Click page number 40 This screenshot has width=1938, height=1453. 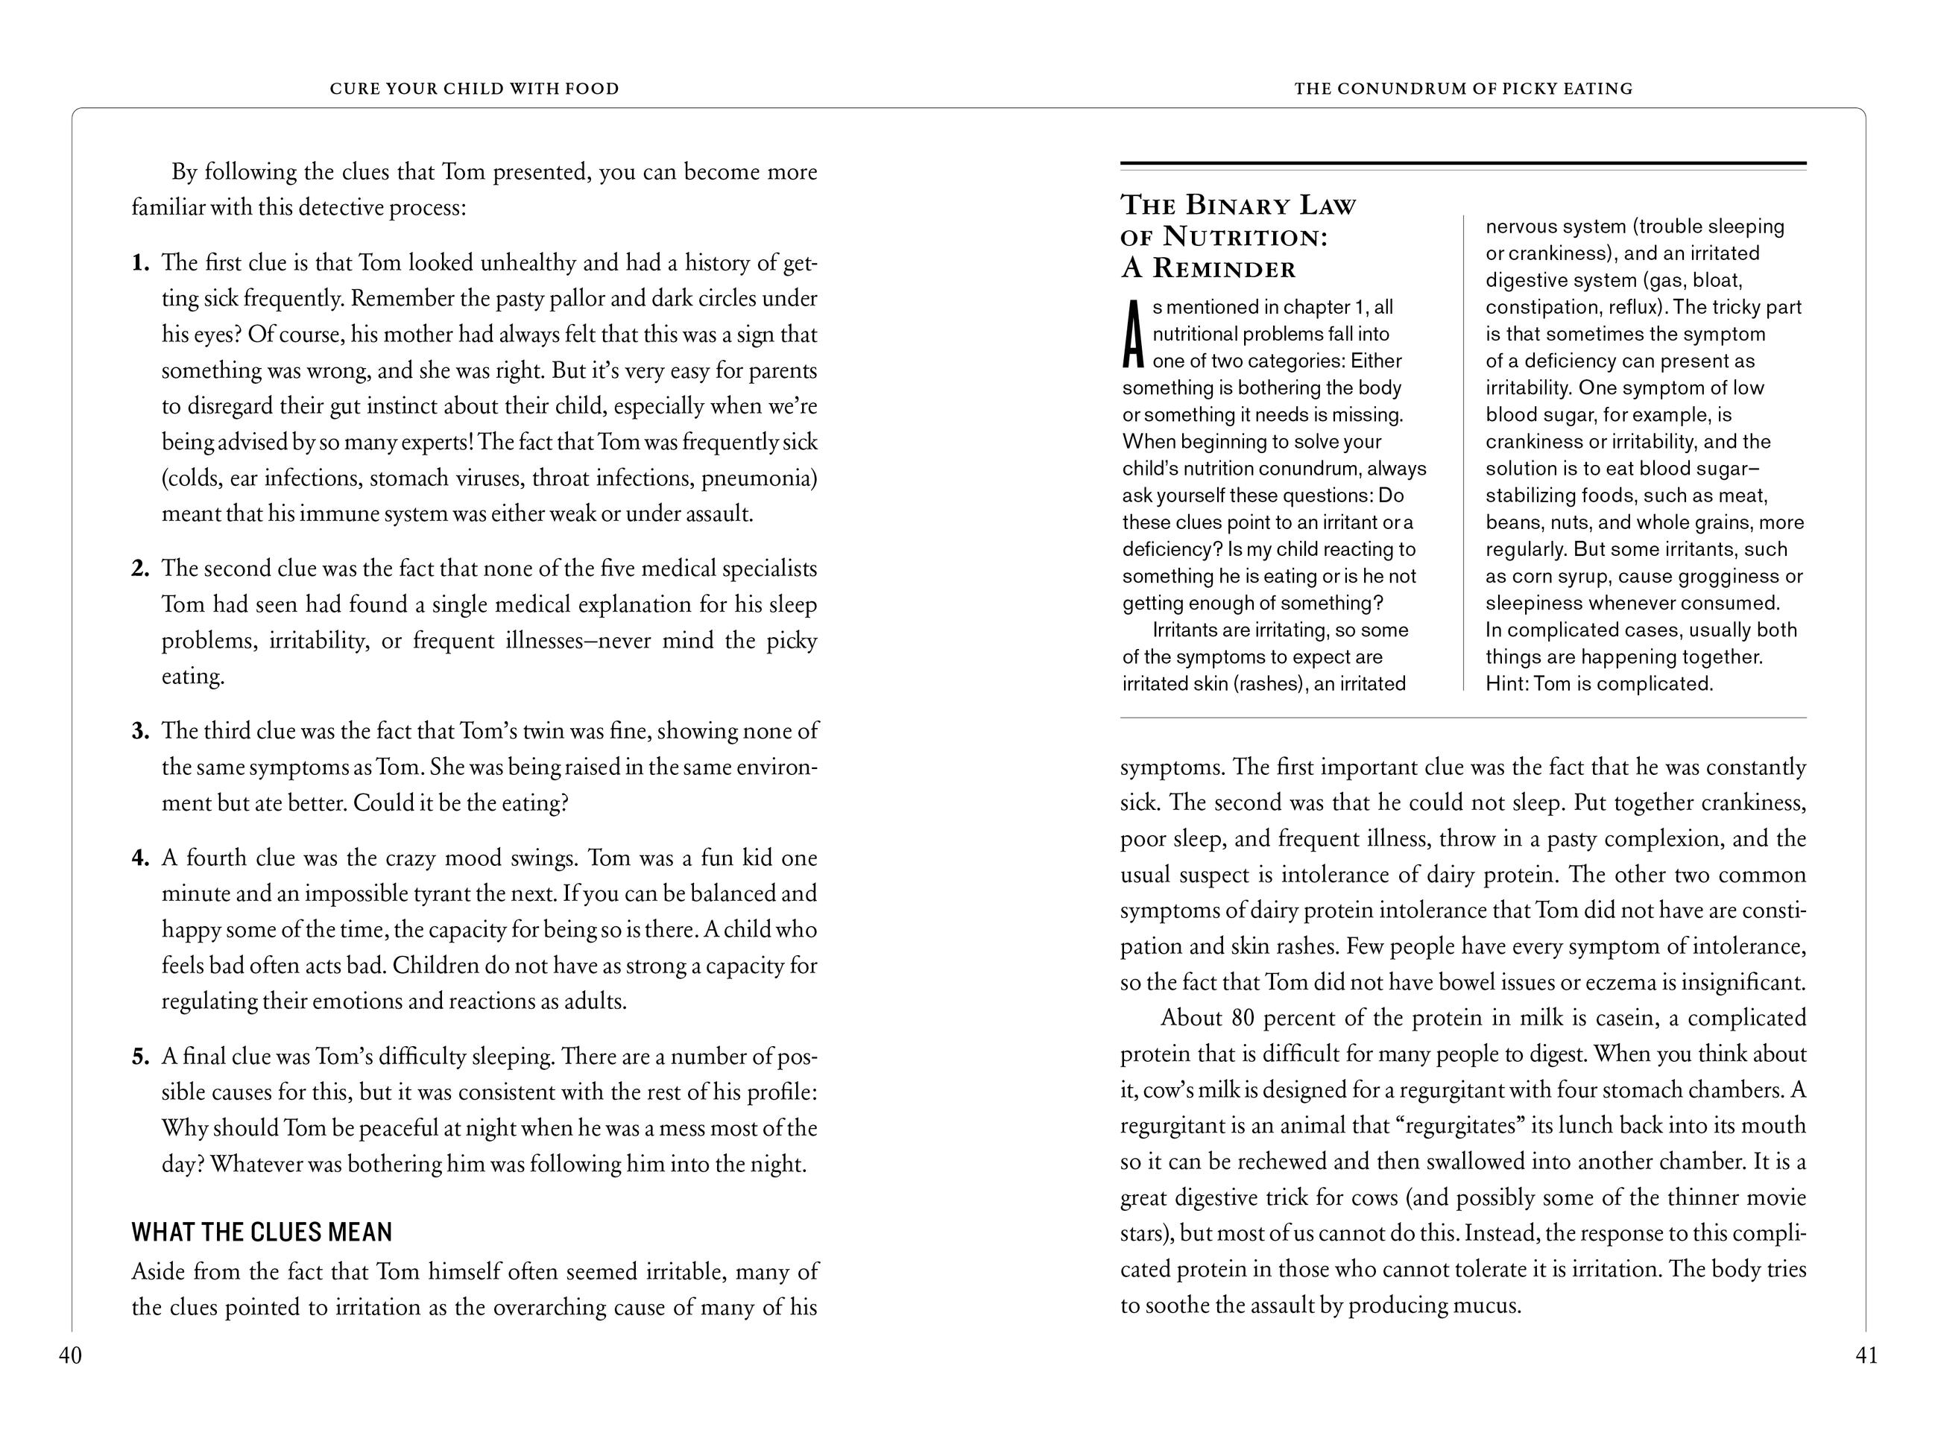tap(70, 1356)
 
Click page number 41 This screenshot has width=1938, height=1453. tap(1866, 1356)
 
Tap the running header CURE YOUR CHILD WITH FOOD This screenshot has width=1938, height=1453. tap(474, 89)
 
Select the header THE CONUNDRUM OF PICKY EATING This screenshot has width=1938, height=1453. tap(1463, 89)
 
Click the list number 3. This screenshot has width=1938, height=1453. tap(140, 731)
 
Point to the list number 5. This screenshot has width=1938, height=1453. tap(140, 1057)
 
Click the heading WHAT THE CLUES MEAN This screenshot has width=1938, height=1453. tap(262, 1232)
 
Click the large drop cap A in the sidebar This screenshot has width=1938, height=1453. tap(1134, 335)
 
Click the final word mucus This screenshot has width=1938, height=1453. tap(1486, 1305)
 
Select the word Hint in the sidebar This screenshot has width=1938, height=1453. tap(1504, 684)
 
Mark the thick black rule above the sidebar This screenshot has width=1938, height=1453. tap(1463, 164)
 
